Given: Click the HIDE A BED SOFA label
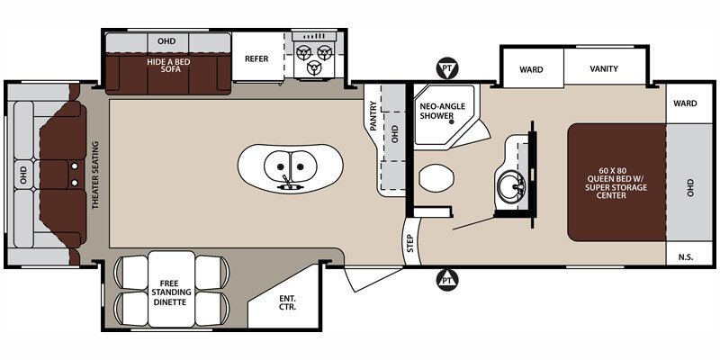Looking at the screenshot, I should (x=166, y=65).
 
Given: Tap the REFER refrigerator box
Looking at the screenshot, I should (x=257, y=59).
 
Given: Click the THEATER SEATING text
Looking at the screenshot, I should (x=94, y=175).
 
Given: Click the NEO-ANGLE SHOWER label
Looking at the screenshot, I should (x=441, y=111).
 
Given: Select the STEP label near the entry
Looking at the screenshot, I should (x=409, y=243).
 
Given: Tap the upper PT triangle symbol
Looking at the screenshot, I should (x=445, y=67).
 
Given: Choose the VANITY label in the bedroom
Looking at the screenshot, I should (x=603, y=68).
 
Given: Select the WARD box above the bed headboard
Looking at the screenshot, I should (x=685, y=103).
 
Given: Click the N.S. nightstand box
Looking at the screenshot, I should (x=686, y=257).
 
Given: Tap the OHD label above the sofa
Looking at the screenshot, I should (x=166, y=40).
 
